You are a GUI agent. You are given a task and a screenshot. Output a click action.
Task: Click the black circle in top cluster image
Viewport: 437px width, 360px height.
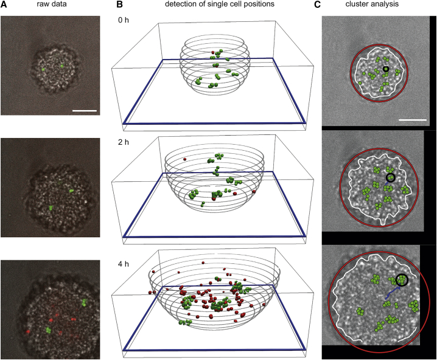[x=385, y=69]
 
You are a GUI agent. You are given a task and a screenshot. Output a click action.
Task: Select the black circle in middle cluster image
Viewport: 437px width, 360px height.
[x=390, y=178]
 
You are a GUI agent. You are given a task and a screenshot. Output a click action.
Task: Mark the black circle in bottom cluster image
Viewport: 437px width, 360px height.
[x=402, y=280]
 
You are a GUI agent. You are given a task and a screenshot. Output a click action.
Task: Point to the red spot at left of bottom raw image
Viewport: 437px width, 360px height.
[x=28, y=332]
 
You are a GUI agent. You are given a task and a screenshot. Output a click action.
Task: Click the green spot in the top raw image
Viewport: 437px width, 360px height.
[x=61, y=64]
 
